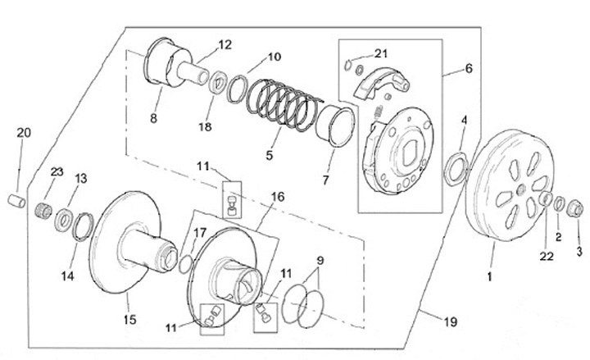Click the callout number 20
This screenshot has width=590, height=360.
[24, 133]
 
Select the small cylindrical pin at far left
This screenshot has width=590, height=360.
[17, 201]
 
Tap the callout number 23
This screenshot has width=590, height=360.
[57, 172]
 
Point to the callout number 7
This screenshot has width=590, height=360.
[325, 180]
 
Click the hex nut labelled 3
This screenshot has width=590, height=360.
[575, 208]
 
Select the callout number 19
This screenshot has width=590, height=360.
[451, 322]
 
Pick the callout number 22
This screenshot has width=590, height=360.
[547, 257]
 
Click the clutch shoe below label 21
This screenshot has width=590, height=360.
[381, 83]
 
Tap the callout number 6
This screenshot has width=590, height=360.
[469, 69]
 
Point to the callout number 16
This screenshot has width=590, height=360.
[278, 197]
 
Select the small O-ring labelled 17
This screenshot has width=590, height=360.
[185, 264]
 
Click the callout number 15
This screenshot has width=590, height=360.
[129, 320]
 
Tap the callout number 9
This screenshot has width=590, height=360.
[320, 260]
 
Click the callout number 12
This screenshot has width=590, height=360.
[225, 45]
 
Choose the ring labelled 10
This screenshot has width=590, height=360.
[237, 89]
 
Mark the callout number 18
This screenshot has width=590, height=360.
[205, 127]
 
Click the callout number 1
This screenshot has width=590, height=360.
[489, 277]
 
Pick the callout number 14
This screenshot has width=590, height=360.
[68, 276]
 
